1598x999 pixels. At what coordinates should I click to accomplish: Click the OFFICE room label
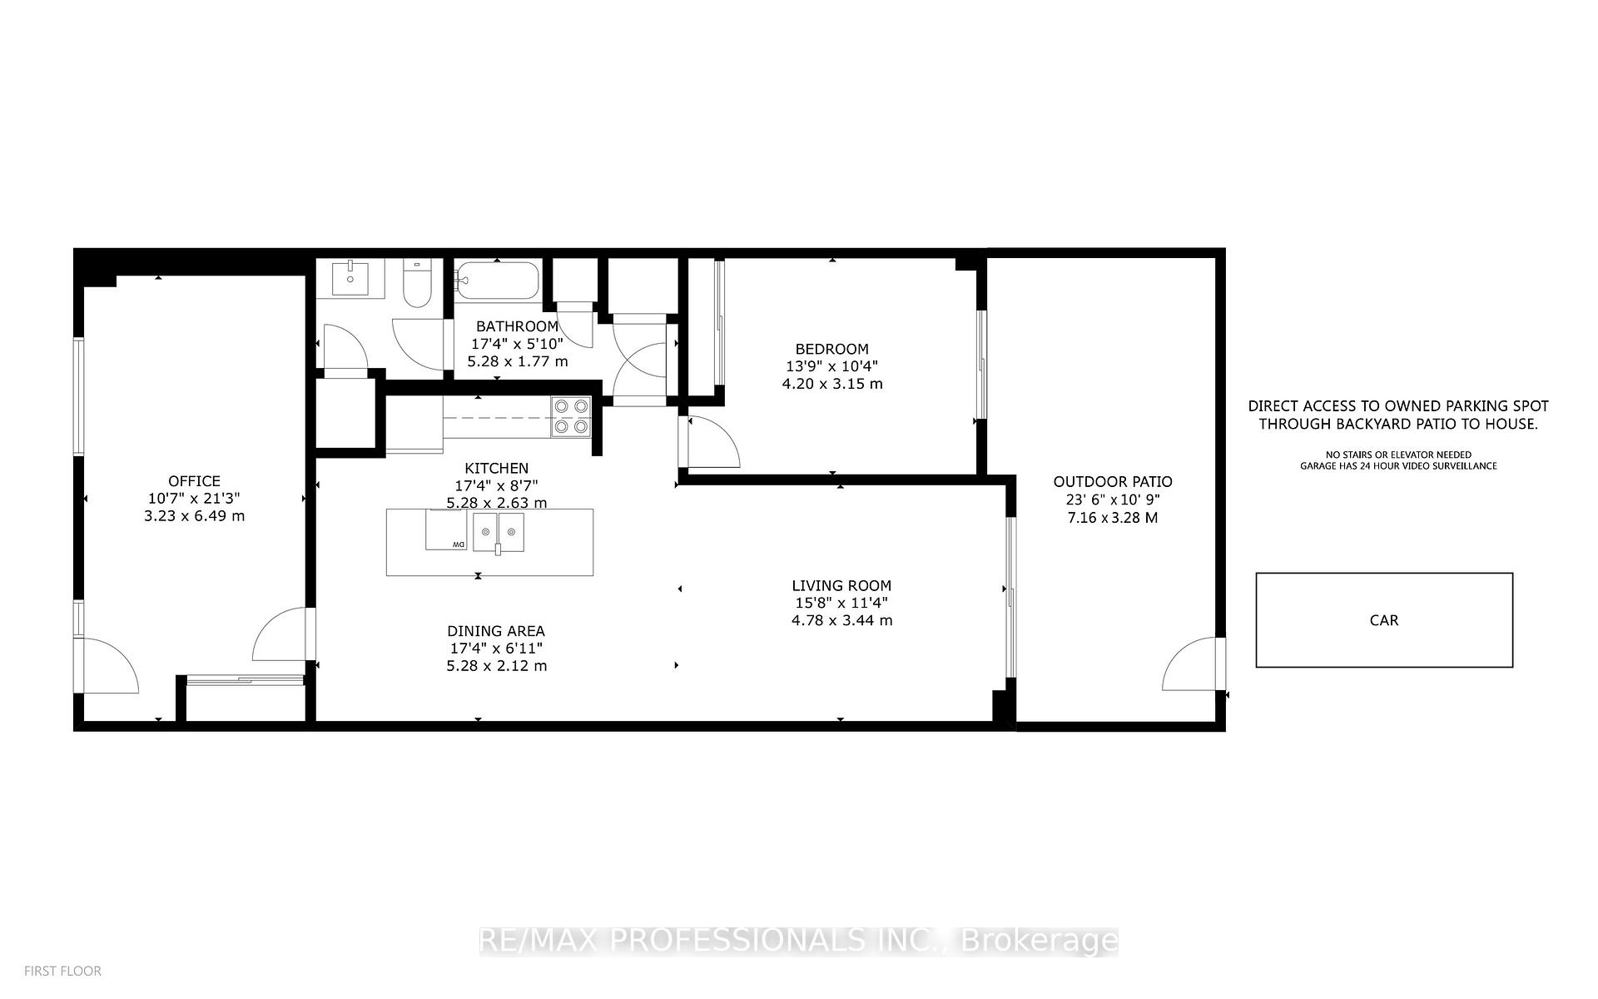click(194, 481)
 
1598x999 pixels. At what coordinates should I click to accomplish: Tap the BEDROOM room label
click(831, 350)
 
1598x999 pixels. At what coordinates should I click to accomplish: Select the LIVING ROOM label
click(841, 586)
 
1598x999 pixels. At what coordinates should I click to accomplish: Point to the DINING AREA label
click(496, 631)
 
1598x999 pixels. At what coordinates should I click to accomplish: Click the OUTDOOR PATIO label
click(1113, 482)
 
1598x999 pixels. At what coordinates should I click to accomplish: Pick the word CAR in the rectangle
click(1384, 620)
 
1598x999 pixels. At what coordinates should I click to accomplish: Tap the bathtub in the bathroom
click(497, 281)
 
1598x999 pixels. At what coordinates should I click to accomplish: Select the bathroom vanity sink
click(351, 278)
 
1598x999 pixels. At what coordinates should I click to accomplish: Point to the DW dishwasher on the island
click(447, 531)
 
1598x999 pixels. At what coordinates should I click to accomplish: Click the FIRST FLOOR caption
click(62, 972)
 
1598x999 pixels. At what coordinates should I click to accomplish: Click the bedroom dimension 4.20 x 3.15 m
click(832, 385)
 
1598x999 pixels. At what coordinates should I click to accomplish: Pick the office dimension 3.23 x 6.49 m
click(194, 516)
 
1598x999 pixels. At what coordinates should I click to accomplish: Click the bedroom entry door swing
click(712, 442)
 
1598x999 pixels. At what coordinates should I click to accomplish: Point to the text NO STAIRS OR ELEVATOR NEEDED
click(1398, 455)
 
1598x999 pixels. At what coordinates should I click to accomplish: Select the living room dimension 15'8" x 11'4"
click(841, 604)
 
